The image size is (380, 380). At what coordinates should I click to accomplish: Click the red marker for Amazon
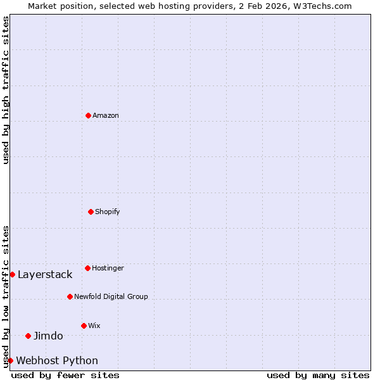coord(88,115)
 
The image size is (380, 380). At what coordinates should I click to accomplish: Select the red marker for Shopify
coord(91,212)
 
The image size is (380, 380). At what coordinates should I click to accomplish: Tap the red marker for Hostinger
coord(87,268)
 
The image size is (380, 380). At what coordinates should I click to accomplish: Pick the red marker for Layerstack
coord(12,274)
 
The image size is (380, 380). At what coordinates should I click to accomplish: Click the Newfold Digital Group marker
coord(70,296)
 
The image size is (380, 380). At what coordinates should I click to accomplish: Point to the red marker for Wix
coord(84,326)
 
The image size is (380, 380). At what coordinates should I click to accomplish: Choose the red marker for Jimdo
coord(28,336)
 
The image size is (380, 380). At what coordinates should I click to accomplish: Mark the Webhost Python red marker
coord(10,360)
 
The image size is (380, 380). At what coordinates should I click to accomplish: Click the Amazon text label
coord(106,115)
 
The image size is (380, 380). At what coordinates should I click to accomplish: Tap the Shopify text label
coord(108,212)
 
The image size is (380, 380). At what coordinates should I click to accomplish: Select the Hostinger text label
coord(108,268)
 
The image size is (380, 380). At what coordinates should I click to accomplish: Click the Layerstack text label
coord(45,274)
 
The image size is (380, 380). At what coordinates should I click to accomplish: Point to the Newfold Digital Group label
coord(111,296)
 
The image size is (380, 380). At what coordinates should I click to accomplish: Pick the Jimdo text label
coord(48,336)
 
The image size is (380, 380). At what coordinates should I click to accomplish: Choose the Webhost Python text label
coord(57,360)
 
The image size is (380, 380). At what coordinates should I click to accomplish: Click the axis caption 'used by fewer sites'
coord(65,375)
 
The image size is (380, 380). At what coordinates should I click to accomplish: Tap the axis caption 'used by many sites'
coord(318,375)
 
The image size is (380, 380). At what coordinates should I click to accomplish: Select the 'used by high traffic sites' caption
coord(6,90)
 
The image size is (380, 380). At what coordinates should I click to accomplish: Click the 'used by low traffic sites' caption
coord(6,296)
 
